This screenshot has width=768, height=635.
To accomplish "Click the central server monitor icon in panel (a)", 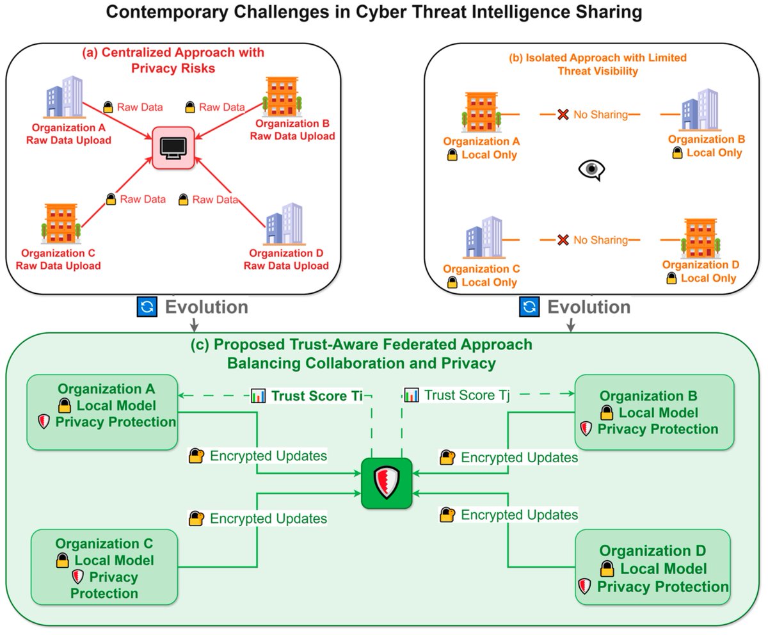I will pyautogui.click(x=173, y=148).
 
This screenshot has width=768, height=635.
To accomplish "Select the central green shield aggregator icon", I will pyautogui.click(x=386, y=483).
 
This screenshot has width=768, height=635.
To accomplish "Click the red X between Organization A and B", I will pyautogui.click(x=563, y=115).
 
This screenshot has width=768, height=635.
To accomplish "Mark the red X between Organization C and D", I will pyautogui.click(x=563, y=240).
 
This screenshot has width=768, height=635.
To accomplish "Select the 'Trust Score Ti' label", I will pyautogui.click(x=316, y=396).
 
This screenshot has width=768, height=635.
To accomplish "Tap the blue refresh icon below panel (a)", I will pyautogui.click(x=147, y=307).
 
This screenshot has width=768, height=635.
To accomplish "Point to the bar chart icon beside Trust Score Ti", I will pyautogui.click(x=258, y=396).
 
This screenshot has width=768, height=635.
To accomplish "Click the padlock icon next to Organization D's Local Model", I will pyautogui.click(x=607, y=568).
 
